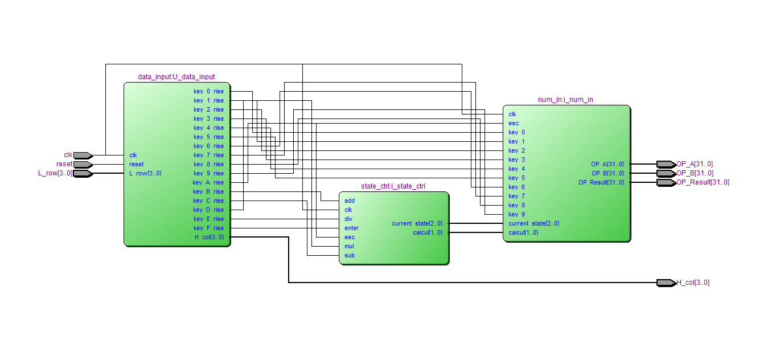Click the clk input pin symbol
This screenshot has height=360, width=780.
click(83, 155)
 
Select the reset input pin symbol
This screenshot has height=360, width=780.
click(83, 164)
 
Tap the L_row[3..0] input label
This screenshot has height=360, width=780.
click(55, 173)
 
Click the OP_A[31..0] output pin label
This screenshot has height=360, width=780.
click(695, 164)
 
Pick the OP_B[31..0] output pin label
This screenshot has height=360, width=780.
click(695, 173)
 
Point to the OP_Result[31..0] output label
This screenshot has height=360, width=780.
click(703, 182)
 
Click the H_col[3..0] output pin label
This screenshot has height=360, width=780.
click(693, 283)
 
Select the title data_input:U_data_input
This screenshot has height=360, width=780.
click(176, 77)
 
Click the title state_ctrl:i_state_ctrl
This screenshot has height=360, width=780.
click(393, 186)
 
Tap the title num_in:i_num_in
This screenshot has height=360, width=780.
click(565, 100)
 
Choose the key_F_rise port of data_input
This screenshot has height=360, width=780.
click(208, 228)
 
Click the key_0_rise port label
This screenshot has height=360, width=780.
click(208, 91)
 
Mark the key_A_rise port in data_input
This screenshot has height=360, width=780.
click(208, 182)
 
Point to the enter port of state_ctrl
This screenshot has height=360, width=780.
click(352, 228)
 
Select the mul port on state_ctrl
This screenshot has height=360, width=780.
click(350, 246)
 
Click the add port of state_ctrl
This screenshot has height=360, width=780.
click(350, 201)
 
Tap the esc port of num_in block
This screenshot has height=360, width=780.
click(514, 123)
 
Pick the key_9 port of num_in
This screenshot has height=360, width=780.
click(517, 214)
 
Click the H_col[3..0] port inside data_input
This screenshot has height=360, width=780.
click(209, 237)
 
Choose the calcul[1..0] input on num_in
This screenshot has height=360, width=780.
click(523, 232)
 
